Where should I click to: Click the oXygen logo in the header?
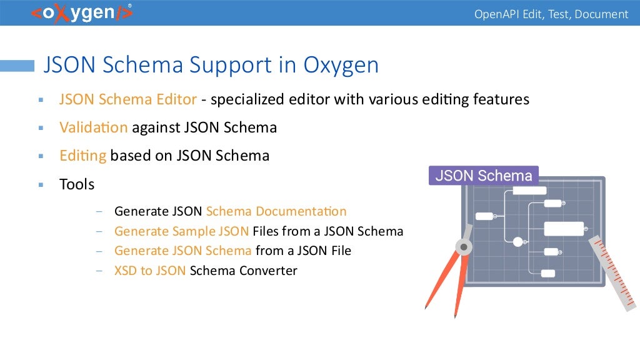click(x=81, y=13)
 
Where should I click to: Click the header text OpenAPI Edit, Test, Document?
click(x=551, y=14)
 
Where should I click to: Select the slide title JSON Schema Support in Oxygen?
click(x=211, y=65)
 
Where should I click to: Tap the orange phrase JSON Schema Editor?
click(x=128, y=99)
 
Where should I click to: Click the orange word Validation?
click(x=93, y=127)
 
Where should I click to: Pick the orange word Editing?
click(x=83, y=156)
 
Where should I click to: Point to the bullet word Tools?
click(x=77, y=184)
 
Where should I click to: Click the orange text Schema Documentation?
click(x=276, y=211)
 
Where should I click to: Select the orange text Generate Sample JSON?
click(x=181, y=231)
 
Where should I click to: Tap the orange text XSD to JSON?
click(x=150, y=271)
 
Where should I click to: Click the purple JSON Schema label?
click(x=484, y=176)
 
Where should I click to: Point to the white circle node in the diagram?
click(x=517, y=241)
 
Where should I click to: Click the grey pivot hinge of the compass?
click(x=463, y=246)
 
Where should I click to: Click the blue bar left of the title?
click(x=17, y=66)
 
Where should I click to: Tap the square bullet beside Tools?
click(x=41, y=185)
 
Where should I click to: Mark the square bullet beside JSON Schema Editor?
click(x=41, y=99)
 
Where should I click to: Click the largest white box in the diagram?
click(x=564, y=229)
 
